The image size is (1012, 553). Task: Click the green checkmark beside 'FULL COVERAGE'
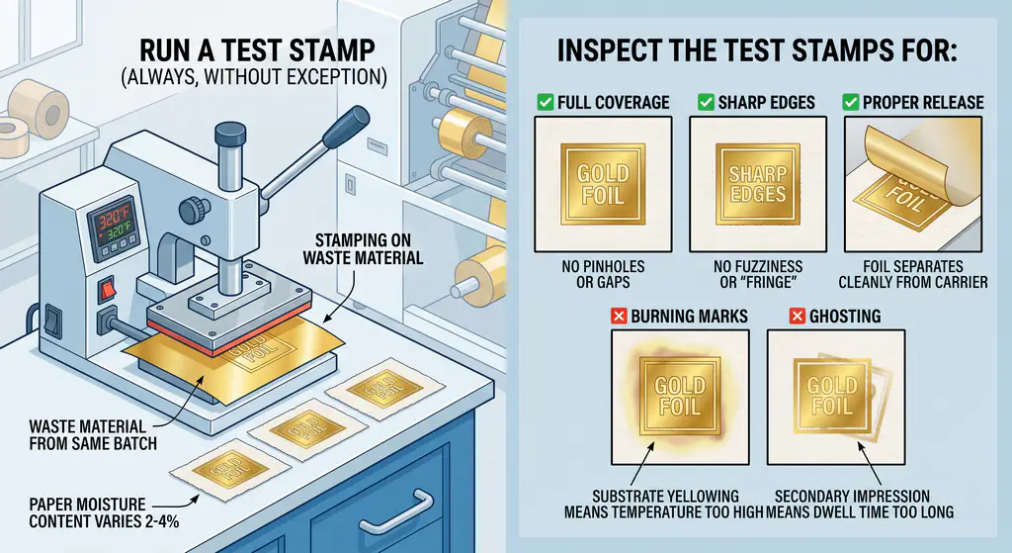tap(543, 102)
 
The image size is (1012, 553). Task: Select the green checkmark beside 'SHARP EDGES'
tap(706, 102)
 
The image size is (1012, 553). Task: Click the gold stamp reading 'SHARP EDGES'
tap(757, 184)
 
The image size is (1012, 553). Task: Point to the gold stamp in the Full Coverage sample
tap(602, 184)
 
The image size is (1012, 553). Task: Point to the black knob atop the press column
tap(229, 132)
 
